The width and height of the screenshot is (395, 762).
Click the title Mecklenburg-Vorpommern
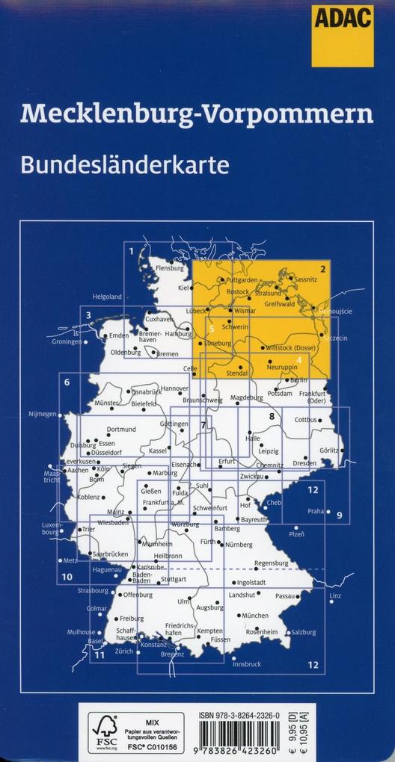pyautogui.click(x=197, y=114)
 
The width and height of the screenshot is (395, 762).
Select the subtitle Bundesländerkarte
pyautogui.click(x=124, y=164)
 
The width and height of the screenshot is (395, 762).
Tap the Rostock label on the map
pyautogui.click(x=237, y=291)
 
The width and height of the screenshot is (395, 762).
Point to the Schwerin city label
pyautogui.click(x=235, y=326)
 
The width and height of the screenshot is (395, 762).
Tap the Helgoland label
pyautogui.click(x=106, y=296)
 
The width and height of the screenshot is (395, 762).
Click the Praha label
pyautogui.click(x=315, y=512)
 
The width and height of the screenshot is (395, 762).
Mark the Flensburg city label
pyautogui.click(x=169, y=267)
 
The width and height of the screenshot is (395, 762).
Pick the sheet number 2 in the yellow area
pyautogui.click(x=323, y=270)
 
